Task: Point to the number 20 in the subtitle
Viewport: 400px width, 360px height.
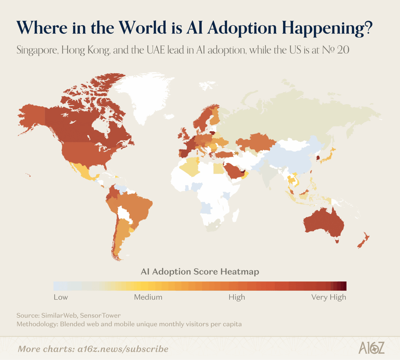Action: pyautogui.click(x=343, y=50)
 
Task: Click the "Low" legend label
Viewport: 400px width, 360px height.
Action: pyautogui.click(x=61, y=297)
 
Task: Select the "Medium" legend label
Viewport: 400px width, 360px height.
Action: pyautogui.click(x=148, y=297)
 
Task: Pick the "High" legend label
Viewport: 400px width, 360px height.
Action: pyautogui.click(x=237, y=297)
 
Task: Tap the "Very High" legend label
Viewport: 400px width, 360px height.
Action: pyautogui.click(x=329, y=297)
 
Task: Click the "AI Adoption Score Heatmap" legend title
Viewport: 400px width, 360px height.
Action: pyautogui.click(x=200, y=272)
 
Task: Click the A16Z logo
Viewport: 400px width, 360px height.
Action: pyautogui.click(x=371, y=348)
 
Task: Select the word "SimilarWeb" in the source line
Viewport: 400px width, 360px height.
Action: pyautogui.click(x=59, y=315)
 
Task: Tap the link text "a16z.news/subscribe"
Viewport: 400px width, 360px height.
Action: pyautogui.click(x=123, y=349)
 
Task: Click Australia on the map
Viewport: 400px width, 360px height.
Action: pyautogui.click(x=323, y=221)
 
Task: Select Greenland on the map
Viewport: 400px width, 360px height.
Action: pyautogui.click(x=143, y=97)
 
